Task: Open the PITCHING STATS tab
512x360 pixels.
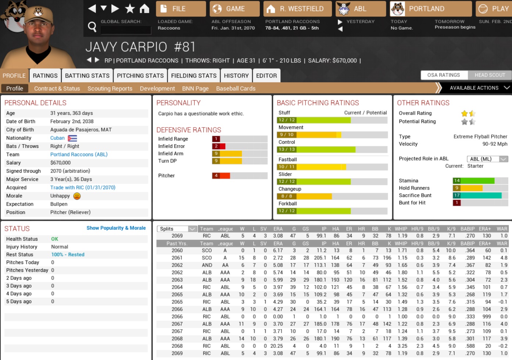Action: click(x=140, y=76)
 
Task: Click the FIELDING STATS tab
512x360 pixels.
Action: click(x=194, y=76)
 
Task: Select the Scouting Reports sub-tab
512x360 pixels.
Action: click(x=110, y=89)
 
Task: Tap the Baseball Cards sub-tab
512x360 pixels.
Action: click(x=236, y=89)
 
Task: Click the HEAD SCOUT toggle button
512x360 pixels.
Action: click(x=490, y=75)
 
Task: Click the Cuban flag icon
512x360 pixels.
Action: click(x=72, y=138)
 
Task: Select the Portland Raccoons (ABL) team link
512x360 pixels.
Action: click(x=79, y=155)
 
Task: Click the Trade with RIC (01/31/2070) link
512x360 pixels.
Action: click(x=83, y=188)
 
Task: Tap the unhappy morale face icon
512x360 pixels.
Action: click(x=77, y=196)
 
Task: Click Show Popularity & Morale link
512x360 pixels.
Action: click(x=116, y=228)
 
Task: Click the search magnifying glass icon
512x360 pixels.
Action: click(x=92, y=26)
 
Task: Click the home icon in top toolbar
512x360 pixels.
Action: click(x=144, y=8)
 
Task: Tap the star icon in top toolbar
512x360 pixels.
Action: click(x=130, y=8)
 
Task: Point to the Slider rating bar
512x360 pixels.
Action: click(x=332, y=181)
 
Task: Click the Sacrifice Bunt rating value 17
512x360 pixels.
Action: click(x=457, y=195)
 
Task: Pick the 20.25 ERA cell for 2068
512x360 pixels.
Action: click(x=276, y=346)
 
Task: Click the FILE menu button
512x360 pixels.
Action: click(x=180, y=9)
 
